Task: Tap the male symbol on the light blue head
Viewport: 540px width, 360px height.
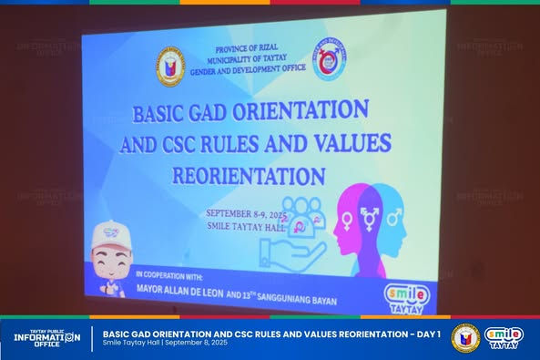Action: [393, 218]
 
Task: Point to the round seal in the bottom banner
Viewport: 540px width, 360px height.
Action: [465, 338]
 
